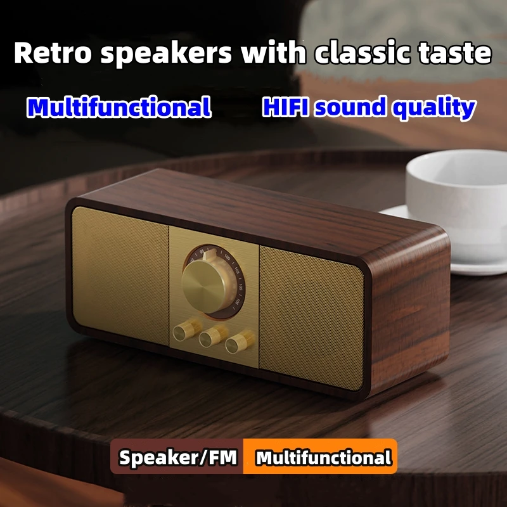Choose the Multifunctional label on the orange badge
click(323, 458)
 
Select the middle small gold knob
click(209, 337)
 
